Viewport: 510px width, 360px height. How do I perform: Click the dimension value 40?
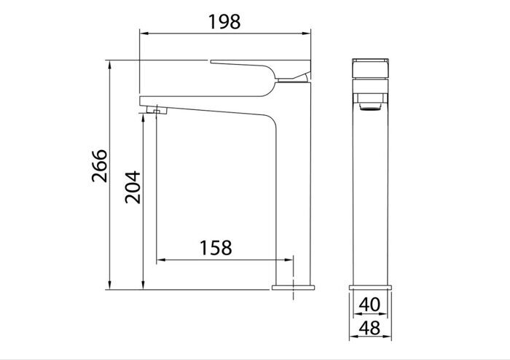[x=370, y=302]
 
